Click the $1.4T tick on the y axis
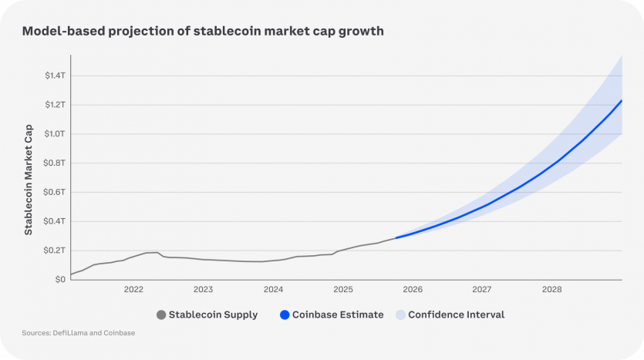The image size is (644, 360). pos(55,76)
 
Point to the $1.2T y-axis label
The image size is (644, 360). pos(55,104)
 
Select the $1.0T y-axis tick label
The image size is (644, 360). pos(55,133)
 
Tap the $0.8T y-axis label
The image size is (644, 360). pos(55,163)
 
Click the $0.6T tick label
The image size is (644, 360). pos(55,192)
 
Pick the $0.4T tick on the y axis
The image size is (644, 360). pos(55,221)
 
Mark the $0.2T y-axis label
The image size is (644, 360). pos(55,251)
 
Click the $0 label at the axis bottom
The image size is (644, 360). pos(60,279)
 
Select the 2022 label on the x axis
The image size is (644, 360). pos(133,290)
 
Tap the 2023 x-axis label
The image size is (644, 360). pos(203,290)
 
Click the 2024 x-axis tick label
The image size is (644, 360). pos(273,290)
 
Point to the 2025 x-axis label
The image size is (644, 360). pos(342,290)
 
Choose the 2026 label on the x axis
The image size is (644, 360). pos(413,290)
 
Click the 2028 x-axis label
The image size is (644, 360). pos(551,290)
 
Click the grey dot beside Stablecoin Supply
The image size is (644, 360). pos(161,315)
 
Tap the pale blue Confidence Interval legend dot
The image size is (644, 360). pos(400,315)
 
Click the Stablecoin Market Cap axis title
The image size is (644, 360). pos(29,178)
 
